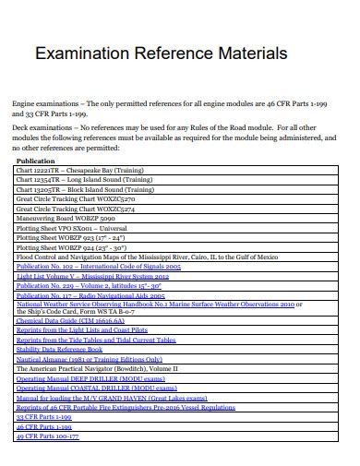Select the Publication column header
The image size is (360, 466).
point(37,161)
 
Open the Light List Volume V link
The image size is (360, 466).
point(92,277)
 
